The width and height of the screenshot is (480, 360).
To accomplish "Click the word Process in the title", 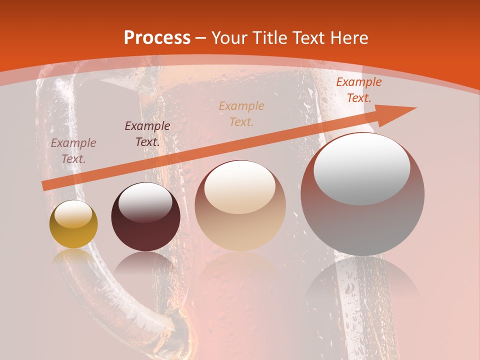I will [x=157, y=38].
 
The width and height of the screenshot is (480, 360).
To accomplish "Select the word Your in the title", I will [x=228, y=38].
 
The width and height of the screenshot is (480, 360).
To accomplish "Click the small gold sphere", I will [x=73, y=224].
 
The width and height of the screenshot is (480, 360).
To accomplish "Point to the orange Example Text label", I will [x=358, y=90].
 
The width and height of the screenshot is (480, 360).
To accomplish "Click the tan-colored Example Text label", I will [x=241, y=113].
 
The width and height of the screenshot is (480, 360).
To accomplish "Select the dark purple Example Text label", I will [x=147, y=133].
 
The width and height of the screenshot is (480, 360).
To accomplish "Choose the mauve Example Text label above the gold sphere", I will [x=73, y=151].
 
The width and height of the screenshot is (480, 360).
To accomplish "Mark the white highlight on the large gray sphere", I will [x=361, y=167].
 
